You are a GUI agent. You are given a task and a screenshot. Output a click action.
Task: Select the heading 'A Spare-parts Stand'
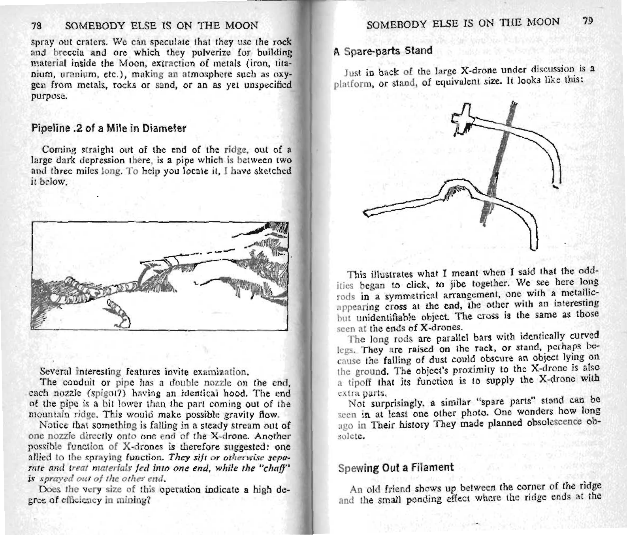click(x=381, y=51)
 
